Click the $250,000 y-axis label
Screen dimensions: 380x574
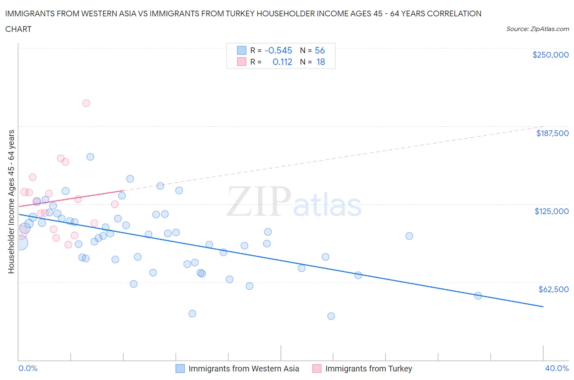pos(550,55)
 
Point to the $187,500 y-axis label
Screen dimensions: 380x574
pos(552,133)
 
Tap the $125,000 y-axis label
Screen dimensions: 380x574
pos(551,211)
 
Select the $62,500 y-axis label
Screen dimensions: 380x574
pos(553,289)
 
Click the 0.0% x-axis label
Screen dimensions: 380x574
pos(28,368)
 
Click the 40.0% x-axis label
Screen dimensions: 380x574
pos(556,368)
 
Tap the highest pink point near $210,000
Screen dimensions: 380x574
pos(86,103)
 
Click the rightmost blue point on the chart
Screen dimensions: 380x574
pos(478,295)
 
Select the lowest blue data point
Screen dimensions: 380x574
pos(331,316)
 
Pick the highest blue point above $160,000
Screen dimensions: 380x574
pos(90,157)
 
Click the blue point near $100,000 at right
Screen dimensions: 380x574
pos(409,236)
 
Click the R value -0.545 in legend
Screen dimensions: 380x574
pos(278,50)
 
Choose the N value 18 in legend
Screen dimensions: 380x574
pos(320,62)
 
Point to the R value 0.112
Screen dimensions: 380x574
pos(282,62)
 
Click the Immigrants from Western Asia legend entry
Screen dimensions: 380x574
pos(243,369)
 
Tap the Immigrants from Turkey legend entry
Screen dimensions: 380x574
pos(368,369)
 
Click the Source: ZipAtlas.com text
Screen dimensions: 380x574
pos(537,29)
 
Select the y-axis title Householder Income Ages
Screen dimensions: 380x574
pos(11,201)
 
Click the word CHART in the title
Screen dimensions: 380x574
pos(18,29)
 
